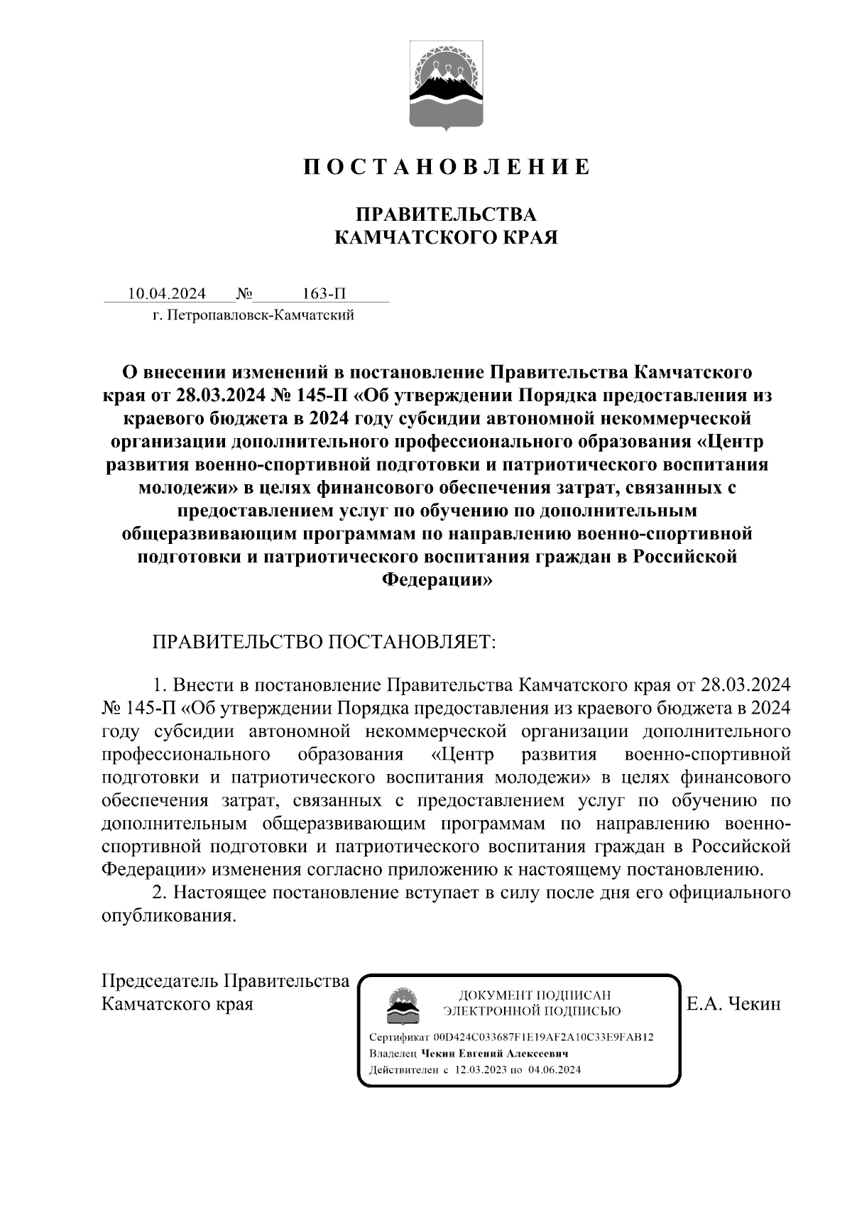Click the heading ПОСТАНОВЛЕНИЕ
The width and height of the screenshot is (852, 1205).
coord(446,167)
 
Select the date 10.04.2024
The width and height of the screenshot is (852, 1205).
coord(167,293)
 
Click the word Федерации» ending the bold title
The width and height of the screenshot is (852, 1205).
coord(437,579)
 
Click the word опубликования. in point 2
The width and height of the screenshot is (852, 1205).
coord(169,916)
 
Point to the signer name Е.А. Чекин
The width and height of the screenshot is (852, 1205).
coord(733,1004)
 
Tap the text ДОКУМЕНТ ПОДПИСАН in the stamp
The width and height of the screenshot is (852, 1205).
coord(535,995)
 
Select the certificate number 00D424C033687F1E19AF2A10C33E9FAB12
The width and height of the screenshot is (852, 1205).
coord(544,1037)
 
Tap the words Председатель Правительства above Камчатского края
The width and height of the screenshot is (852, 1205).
coord(226,981)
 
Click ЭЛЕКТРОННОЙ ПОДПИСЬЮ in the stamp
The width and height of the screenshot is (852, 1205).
coord(532,1011)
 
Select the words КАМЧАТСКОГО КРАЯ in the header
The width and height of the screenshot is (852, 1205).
coord(446,237)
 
